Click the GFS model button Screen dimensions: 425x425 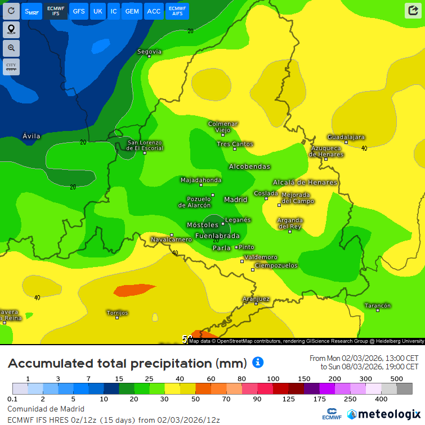79,11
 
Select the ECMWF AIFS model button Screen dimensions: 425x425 177,11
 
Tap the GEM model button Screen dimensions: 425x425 132,11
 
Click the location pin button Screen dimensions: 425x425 11,29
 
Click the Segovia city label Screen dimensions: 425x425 149,52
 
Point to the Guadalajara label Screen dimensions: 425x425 346,137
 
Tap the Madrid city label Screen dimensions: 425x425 235,200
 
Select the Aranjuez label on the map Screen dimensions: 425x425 256,299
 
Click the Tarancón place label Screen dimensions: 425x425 377,306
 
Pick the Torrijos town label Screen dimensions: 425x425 117,313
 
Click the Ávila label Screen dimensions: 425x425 32,136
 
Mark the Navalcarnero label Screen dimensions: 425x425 171,239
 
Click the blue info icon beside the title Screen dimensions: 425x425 258,362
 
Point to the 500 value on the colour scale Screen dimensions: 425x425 397,378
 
